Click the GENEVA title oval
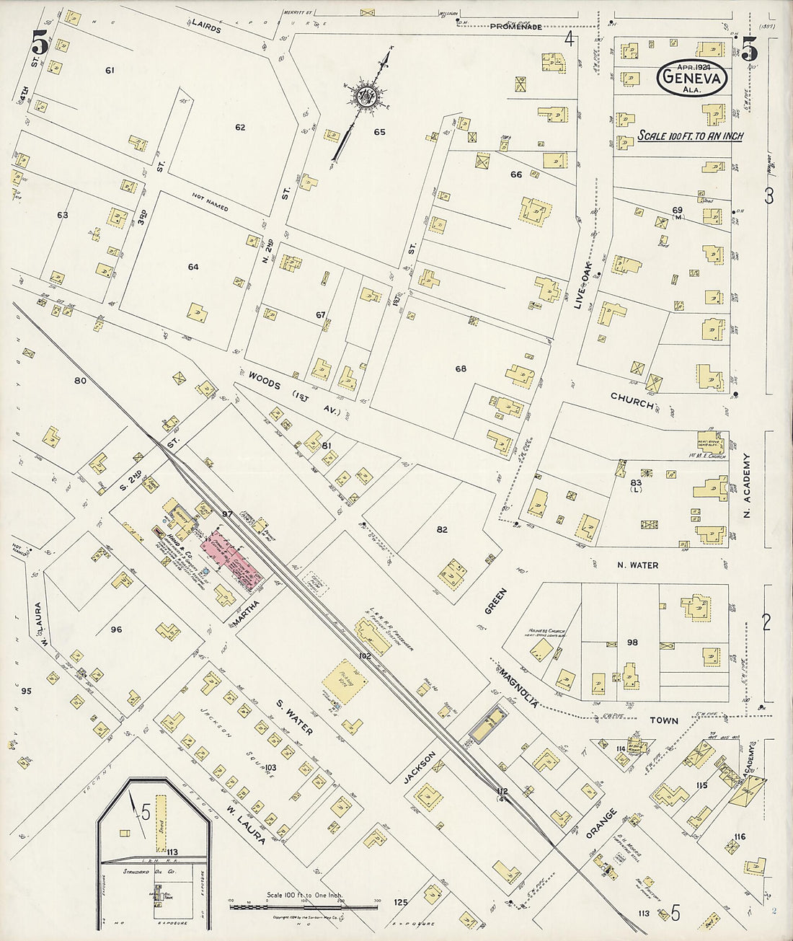691,78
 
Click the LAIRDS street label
206,27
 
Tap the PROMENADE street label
515,27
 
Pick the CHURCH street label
632,401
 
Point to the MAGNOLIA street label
516,686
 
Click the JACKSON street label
420,769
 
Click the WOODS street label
265,379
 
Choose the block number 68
461,369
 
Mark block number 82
442,529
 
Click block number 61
110,70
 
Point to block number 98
632,642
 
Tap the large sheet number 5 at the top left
39,45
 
